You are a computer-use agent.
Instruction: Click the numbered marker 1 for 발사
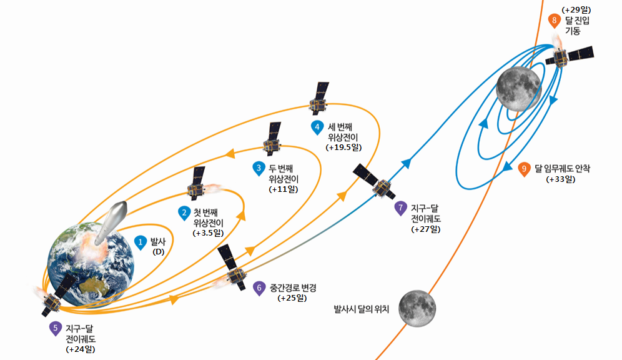[141, 241]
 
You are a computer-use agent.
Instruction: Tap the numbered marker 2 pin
[184, 212]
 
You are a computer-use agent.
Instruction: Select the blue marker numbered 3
[259, 167]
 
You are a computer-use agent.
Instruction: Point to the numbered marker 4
[317, 127]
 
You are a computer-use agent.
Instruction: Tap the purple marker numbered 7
[402, 208]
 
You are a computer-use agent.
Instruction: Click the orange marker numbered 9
[525, 168]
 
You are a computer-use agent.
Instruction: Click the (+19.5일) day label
[344, 147]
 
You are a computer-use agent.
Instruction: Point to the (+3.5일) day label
[209, 232]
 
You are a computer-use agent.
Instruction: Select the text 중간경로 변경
[293, 288]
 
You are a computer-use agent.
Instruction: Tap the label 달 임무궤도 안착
[566, 168]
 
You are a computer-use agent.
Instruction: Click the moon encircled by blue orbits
[518, 89]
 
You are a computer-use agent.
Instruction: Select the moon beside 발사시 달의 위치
[417, 307]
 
